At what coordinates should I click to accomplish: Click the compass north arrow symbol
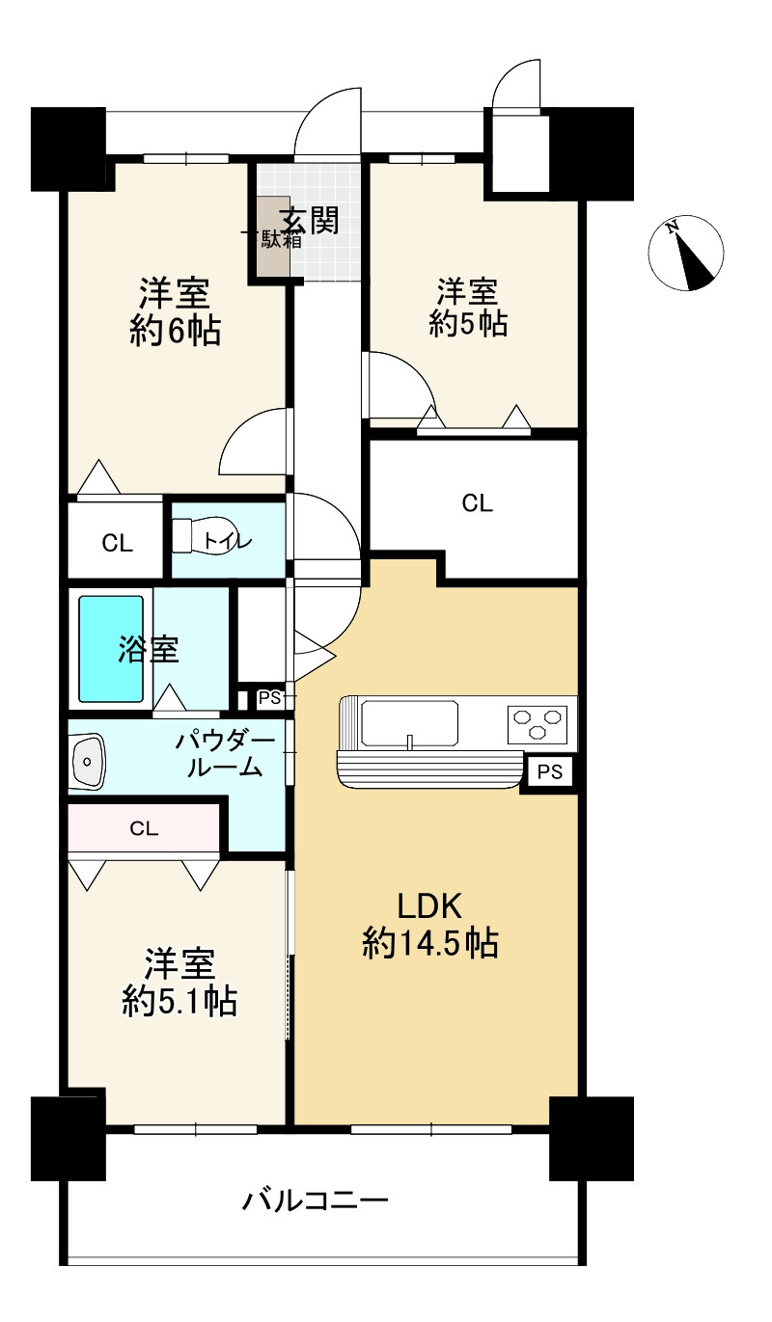tap(686, 253)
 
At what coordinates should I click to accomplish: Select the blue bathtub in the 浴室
tap(111, 649)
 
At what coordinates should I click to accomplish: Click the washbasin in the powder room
tap(88, 761)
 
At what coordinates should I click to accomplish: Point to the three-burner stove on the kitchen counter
tap(537, 724)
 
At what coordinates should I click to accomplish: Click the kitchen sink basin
tap(409, 723)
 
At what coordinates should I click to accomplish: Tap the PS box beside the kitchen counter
tap(549, 772)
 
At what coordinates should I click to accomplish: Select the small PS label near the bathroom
tap(269, 698)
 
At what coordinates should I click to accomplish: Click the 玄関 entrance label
tap(312, 221)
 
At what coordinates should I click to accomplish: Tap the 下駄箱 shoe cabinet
tap(272, 236)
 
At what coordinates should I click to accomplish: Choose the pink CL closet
tap(144, 828)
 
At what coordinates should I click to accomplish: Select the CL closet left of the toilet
tap(116, 540)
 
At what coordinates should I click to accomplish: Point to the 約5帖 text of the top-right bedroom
tap(468, 324)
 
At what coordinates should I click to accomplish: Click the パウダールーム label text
tap(225, 754)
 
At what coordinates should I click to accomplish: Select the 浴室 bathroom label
tap(149, 649)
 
